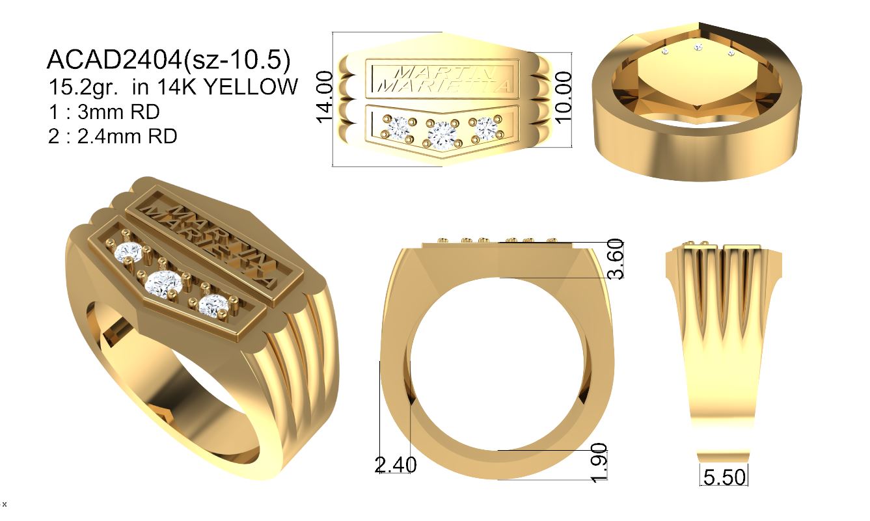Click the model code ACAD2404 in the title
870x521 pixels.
point(114,60)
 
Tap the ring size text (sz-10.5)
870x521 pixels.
point(236,60)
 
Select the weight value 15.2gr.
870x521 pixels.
point(83,87)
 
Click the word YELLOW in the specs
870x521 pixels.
point(251,87)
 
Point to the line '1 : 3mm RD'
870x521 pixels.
point(104,112)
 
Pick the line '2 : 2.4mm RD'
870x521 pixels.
point(113,136)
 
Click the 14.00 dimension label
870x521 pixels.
point(325,97)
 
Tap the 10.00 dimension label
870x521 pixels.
point(564,98)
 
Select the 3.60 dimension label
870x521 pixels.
point(616,259)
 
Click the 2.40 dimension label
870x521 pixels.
point(396,464)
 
